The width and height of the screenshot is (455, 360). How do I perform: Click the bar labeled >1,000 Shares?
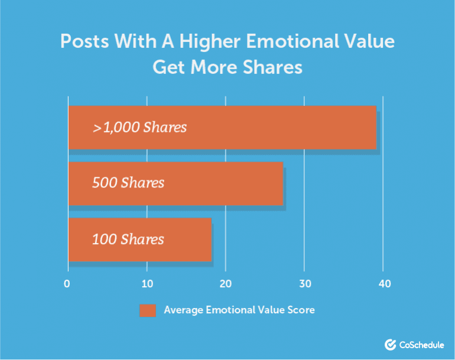pyautogui.click(x=222, y=128)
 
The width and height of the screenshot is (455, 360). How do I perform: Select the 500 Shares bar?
pyautogui.click(x=175, y=183)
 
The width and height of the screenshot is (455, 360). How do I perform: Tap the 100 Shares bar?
pyautogui.click(x=140, y=239)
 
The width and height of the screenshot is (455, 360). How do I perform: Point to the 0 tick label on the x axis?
pyautogui.click(x=67, y=284)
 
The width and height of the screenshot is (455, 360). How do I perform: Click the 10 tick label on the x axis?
pyautogui.click(x=147, y=284)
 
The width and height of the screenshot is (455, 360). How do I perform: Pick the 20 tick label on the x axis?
pyautogui.click(x=226, y=284)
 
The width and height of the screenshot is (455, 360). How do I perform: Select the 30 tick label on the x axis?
pyautogui.click(x=305, y=284)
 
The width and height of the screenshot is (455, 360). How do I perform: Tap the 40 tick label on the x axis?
pyautogui.click(x=385, y=284)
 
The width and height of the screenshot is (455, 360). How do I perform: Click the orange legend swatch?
pyautogui.click(x=148, y=310)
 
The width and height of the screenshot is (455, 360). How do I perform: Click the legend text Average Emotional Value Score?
pyautogui.click(x=239, y=310)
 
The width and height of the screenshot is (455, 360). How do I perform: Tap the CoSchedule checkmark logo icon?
pyautogui.click(x=390, y=345)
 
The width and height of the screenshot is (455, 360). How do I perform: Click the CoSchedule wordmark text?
pyautogui.click(x=422, y=345)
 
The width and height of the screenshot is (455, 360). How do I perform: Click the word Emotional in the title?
pyautogui.click(x=292, y=41)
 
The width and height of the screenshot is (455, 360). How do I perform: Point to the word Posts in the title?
pyautogui.click(x=84, y=41)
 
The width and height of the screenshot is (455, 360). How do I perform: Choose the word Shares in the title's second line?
pyautogui.click(x=272, y=67)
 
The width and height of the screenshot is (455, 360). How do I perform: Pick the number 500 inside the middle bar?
pyautogui.click(x=105, y=183)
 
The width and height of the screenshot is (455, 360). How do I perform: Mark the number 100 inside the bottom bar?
pyautogui.click(x=104, y=239)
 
